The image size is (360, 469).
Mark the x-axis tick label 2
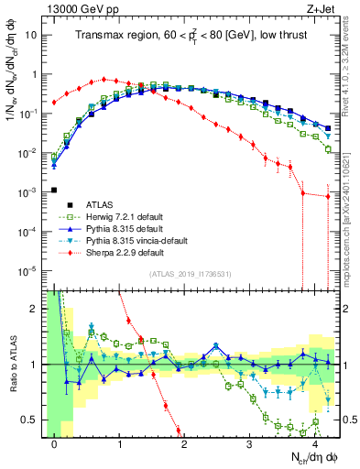[184, 443]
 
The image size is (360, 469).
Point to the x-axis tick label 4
[314, 443]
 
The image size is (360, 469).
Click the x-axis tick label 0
[55, 443]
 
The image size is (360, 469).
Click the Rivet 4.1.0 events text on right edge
[352, 69]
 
